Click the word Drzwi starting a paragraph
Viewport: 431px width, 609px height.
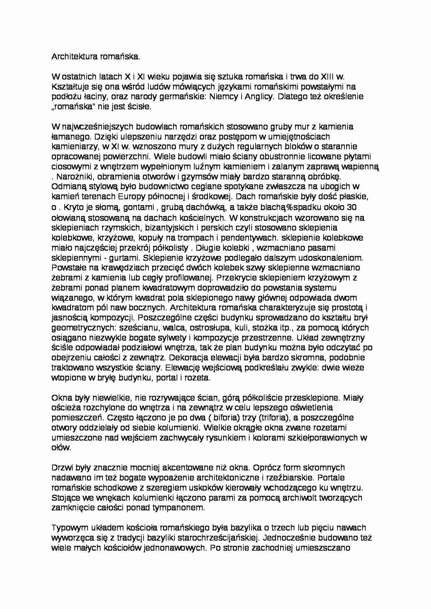pos(62,467)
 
